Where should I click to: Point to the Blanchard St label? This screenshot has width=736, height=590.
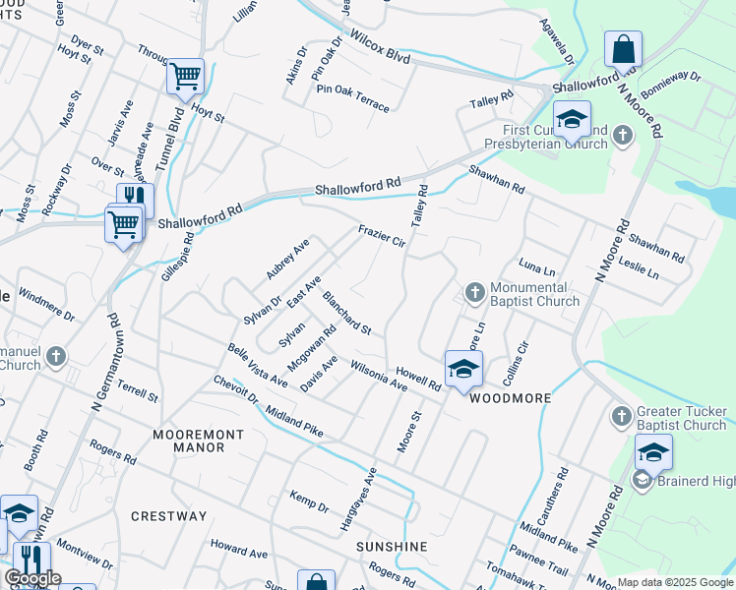point(346,314)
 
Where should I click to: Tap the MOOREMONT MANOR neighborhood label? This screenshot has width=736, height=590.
point(190,440)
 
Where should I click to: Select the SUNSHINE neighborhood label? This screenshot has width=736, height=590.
point(392,547)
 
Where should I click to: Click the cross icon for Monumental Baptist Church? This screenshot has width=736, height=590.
point(474,292)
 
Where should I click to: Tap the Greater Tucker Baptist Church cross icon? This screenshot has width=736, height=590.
point(621,416)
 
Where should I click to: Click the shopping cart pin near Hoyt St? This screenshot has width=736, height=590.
point(185,76)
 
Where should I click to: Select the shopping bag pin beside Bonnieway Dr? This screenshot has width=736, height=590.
point(623,48)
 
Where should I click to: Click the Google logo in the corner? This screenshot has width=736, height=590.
point(32,578)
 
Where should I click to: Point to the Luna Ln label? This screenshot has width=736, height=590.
point(536,267)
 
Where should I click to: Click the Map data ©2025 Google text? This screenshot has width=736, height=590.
point(675,582)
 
